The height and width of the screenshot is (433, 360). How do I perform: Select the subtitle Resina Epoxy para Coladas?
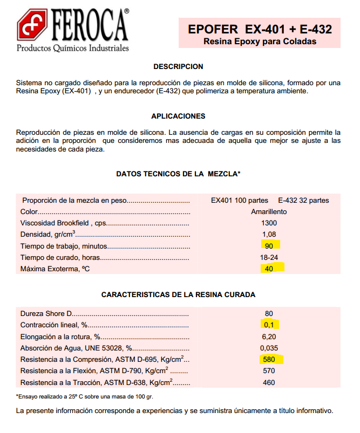[260, 42]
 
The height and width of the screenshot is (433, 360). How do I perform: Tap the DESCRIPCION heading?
[178, 67]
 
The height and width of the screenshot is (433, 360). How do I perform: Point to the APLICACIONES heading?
[178, 116]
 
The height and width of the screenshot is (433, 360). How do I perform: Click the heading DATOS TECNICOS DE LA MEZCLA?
[178, 174]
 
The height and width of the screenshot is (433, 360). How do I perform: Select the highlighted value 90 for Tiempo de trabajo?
[269, 246]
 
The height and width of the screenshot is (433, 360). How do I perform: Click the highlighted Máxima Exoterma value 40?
[269, 269]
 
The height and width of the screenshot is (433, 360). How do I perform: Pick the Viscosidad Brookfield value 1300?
[269, 223]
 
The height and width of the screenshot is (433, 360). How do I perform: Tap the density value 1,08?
[269, 235]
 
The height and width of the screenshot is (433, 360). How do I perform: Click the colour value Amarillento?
[269, 212]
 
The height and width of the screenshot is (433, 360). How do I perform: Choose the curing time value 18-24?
[269, 258]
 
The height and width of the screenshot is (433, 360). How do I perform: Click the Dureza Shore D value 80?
[269, 314]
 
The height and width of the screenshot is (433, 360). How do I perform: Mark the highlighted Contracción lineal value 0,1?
[269, 325]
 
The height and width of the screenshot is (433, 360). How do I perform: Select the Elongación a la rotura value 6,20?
[269, 336]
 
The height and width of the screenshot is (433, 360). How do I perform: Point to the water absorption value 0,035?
[269, 348]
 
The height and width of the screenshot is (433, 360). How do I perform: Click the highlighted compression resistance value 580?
[269, 360]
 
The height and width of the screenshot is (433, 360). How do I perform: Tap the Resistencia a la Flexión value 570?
[269, 371]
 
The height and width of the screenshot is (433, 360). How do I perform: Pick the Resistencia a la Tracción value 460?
[269, 382]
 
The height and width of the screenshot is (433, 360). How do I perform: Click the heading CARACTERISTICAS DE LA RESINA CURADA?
[178, 295]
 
